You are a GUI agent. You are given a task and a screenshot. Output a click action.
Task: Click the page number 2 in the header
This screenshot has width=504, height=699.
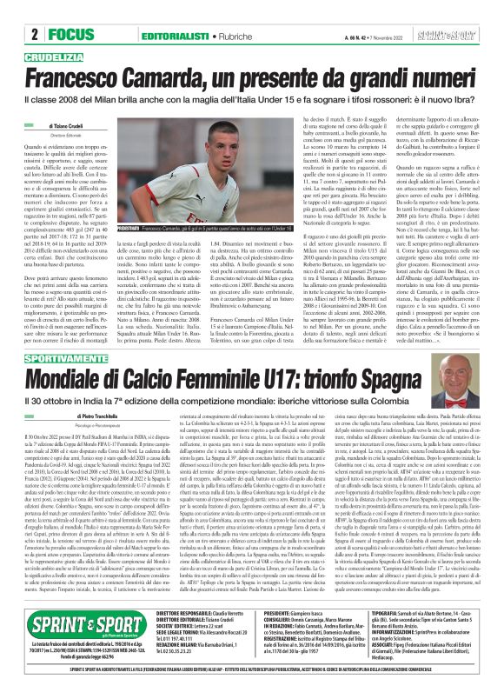click(33, 35)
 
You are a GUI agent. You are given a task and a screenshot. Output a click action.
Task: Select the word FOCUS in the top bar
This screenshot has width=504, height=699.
click(65, 35)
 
